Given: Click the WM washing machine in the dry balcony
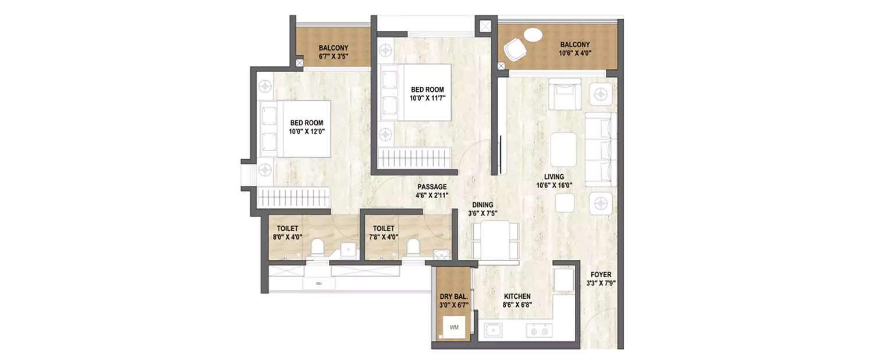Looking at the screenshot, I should (454, 327).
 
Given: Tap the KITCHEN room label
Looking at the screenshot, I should (517, 296).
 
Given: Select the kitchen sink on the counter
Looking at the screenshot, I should (494, 331).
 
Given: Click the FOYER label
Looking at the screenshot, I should (601, 275).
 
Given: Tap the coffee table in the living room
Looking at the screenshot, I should (563, 150).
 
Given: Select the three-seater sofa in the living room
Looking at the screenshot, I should (600, 150).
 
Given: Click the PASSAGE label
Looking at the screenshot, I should (432, 187).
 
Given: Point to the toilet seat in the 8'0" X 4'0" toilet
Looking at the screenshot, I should (318, 248).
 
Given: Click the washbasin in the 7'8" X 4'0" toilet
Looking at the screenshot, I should (442, 253).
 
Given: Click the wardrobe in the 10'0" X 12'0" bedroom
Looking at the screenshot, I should (294, 197).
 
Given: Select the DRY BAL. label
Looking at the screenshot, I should (453, 296).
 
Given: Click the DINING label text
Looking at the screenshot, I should (482, 205).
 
